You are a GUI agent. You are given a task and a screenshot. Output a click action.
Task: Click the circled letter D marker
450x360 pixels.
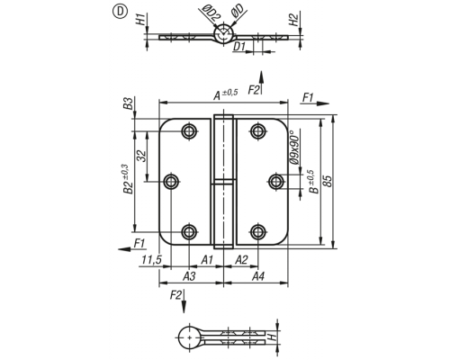[120, 12]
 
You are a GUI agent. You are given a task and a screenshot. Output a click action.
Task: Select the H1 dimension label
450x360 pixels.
[141, 19]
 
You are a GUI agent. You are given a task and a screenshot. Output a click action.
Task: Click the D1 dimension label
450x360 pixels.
[239, 47]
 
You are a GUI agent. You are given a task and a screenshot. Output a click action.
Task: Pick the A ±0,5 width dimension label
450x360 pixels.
[226, 94]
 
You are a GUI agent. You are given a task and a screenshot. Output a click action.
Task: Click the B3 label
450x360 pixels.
[128, 103]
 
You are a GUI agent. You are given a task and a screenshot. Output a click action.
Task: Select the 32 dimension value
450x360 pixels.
[141, 156]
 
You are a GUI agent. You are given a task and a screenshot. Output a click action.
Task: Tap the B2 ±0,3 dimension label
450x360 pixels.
[127, 179]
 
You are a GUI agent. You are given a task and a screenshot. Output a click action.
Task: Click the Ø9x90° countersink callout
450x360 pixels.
[294, 147]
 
